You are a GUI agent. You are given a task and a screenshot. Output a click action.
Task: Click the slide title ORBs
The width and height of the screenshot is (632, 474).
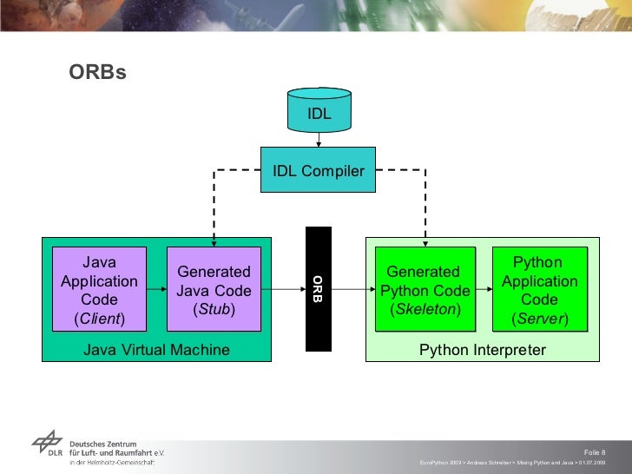(98, 73)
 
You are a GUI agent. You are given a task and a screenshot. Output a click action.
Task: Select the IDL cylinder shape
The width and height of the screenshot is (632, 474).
(319, 111)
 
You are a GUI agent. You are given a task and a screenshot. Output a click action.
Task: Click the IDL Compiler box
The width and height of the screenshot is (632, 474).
(319, 171)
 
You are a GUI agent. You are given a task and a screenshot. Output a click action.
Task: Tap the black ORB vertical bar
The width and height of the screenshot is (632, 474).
(318, 288)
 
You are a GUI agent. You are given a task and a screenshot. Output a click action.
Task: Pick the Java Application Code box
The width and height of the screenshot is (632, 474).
(99, 290)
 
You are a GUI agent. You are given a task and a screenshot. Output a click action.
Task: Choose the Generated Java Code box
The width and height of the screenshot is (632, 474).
(214, 290)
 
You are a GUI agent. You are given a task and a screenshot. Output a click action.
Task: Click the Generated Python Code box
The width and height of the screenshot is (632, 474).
(425, 290)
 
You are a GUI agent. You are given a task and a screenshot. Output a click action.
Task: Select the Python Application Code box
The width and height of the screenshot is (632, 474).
(539, 290)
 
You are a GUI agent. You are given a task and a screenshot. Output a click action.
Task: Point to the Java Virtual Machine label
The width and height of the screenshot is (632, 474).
(156, 350)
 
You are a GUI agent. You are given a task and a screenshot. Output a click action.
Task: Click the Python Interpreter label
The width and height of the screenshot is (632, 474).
(483, 350)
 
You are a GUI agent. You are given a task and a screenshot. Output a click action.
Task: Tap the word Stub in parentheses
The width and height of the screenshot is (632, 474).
(214, 309)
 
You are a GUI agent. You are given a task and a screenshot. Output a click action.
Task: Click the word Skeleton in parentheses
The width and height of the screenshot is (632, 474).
(425, 309)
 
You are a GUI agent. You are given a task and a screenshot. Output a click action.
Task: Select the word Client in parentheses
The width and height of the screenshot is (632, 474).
(99, 319)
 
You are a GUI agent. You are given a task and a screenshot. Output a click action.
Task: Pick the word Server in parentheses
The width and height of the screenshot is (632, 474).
(539, 319)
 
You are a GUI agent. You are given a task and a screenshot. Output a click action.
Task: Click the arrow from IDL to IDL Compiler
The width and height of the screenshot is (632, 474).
(319, 140)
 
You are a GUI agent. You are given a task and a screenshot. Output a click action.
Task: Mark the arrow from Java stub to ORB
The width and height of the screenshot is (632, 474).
(282, 289)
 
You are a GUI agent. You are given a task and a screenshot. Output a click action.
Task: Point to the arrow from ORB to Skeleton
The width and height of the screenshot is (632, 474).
(352, 289)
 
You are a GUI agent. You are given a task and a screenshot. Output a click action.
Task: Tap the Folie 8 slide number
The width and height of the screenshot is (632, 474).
(595, 452)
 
